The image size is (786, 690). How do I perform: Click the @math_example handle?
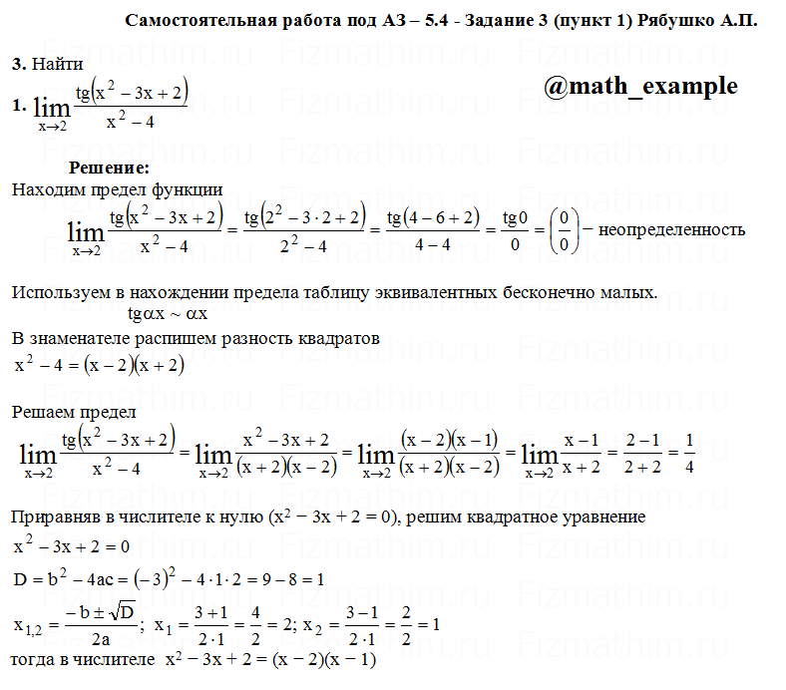point(641,87)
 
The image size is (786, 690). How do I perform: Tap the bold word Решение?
point(109,168)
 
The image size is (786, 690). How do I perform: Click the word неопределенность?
point(671,230)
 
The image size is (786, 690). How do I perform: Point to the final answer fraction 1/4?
point(690,454)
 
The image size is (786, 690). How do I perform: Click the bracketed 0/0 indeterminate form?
point(565,230)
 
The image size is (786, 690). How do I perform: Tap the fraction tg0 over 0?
point(514,230)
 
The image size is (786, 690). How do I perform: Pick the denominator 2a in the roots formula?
point(100,640)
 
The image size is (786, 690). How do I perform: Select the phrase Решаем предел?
point(74,411)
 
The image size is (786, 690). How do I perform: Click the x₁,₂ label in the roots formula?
point(33,626)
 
